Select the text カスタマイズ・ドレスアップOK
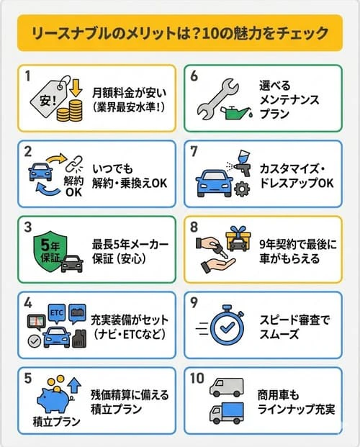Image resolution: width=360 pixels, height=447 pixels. [295, 176]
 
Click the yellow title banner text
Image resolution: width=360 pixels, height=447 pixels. [180, 34]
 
